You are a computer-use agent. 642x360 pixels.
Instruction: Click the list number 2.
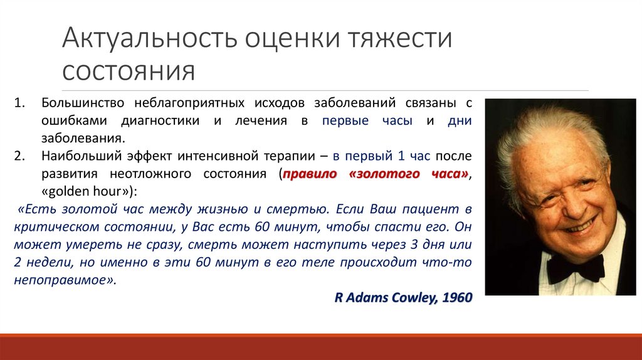(x=19, y=156)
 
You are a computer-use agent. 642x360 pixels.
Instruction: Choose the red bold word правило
(x=310, y=174)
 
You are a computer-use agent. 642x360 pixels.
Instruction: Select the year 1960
(x=457, y=297)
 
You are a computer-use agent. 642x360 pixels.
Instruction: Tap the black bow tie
(x=575, y=268)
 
